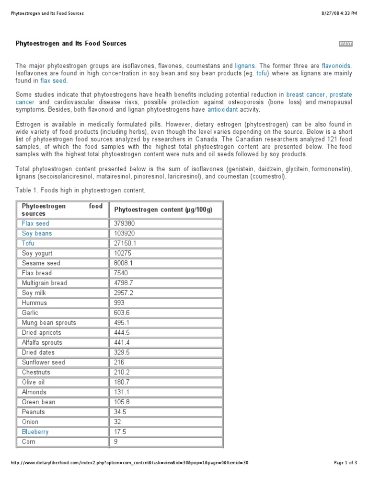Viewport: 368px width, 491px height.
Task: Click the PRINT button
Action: [345, 44]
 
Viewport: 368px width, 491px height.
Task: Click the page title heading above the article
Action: [71, 44]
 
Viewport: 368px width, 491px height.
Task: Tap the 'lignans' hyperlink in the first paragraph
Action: [245, 66]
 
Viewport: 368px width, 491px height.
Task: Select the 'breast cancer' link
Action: [305, 95]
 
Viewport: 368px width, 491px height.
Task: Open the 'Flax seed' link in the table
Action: [35, 223]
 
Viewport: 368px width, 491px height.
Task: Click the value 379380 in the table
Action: [125, 223]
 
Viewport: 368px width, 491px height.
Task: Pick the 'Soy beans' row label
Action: [37, 234]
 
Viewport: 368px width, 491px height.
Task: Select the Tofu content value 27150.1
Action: [125, 243]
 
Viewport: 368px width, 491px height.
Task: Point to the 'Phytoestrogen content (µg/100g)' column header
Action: [163, 210]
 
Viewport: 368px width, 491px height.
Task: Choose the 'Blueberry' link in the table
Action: [35, 432]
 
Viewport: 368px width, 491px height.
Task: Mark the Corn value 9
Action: [116, 442]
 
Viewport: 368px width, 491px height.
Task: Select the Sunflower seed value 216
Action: [119, 362]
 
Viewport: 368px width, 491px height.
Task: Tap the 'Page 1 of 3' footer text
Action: [345, 463]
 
